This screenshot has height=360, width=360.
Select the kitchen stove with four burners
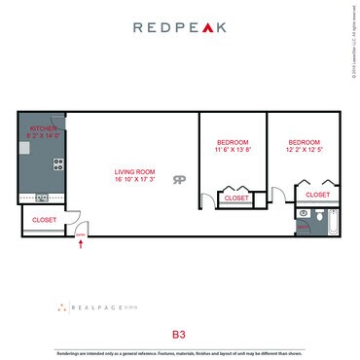point(57,163)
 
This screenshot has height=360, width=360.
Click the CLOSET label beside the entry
point(44,220)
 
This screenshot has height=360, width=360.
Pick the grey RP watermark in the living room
point(179,179)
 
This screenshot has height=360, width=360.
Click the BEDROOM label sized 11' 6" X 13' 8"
point(233,143)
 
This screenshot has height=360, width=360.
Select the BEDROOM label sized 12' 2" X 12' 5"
point(305,142)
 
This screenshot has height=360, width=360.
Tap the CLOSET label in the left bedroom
point(236,198)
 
